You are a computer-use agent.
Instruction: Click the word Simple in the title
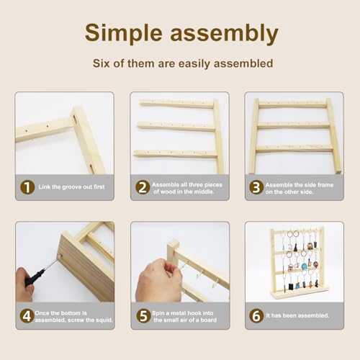(124, 33)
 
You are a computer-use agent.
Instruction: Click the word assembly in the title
(224, 33)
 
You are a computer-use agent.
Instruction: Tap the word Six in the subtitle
(102, 63)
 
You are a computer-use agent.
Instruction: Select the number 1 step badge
(27, 187)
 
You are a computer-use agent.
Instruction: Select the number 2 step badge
(143, 187)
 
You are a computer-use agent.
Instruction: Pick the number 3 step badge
(256, 187)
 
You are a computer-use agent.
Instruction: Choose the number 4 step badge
(27, 315)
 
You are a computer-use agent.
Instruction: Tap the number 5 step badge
(143, 315)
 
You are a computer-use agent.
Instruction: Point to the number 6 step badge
(256, 315)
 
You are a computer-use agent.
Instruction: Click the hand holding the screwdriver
(24, 285)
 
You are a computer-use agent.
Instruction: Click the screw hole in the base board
(60, 256)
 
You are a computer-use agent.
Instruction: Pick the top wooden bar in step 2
(177, 104)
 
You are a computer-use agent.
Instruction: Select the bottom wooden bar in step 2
(176, 153)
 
